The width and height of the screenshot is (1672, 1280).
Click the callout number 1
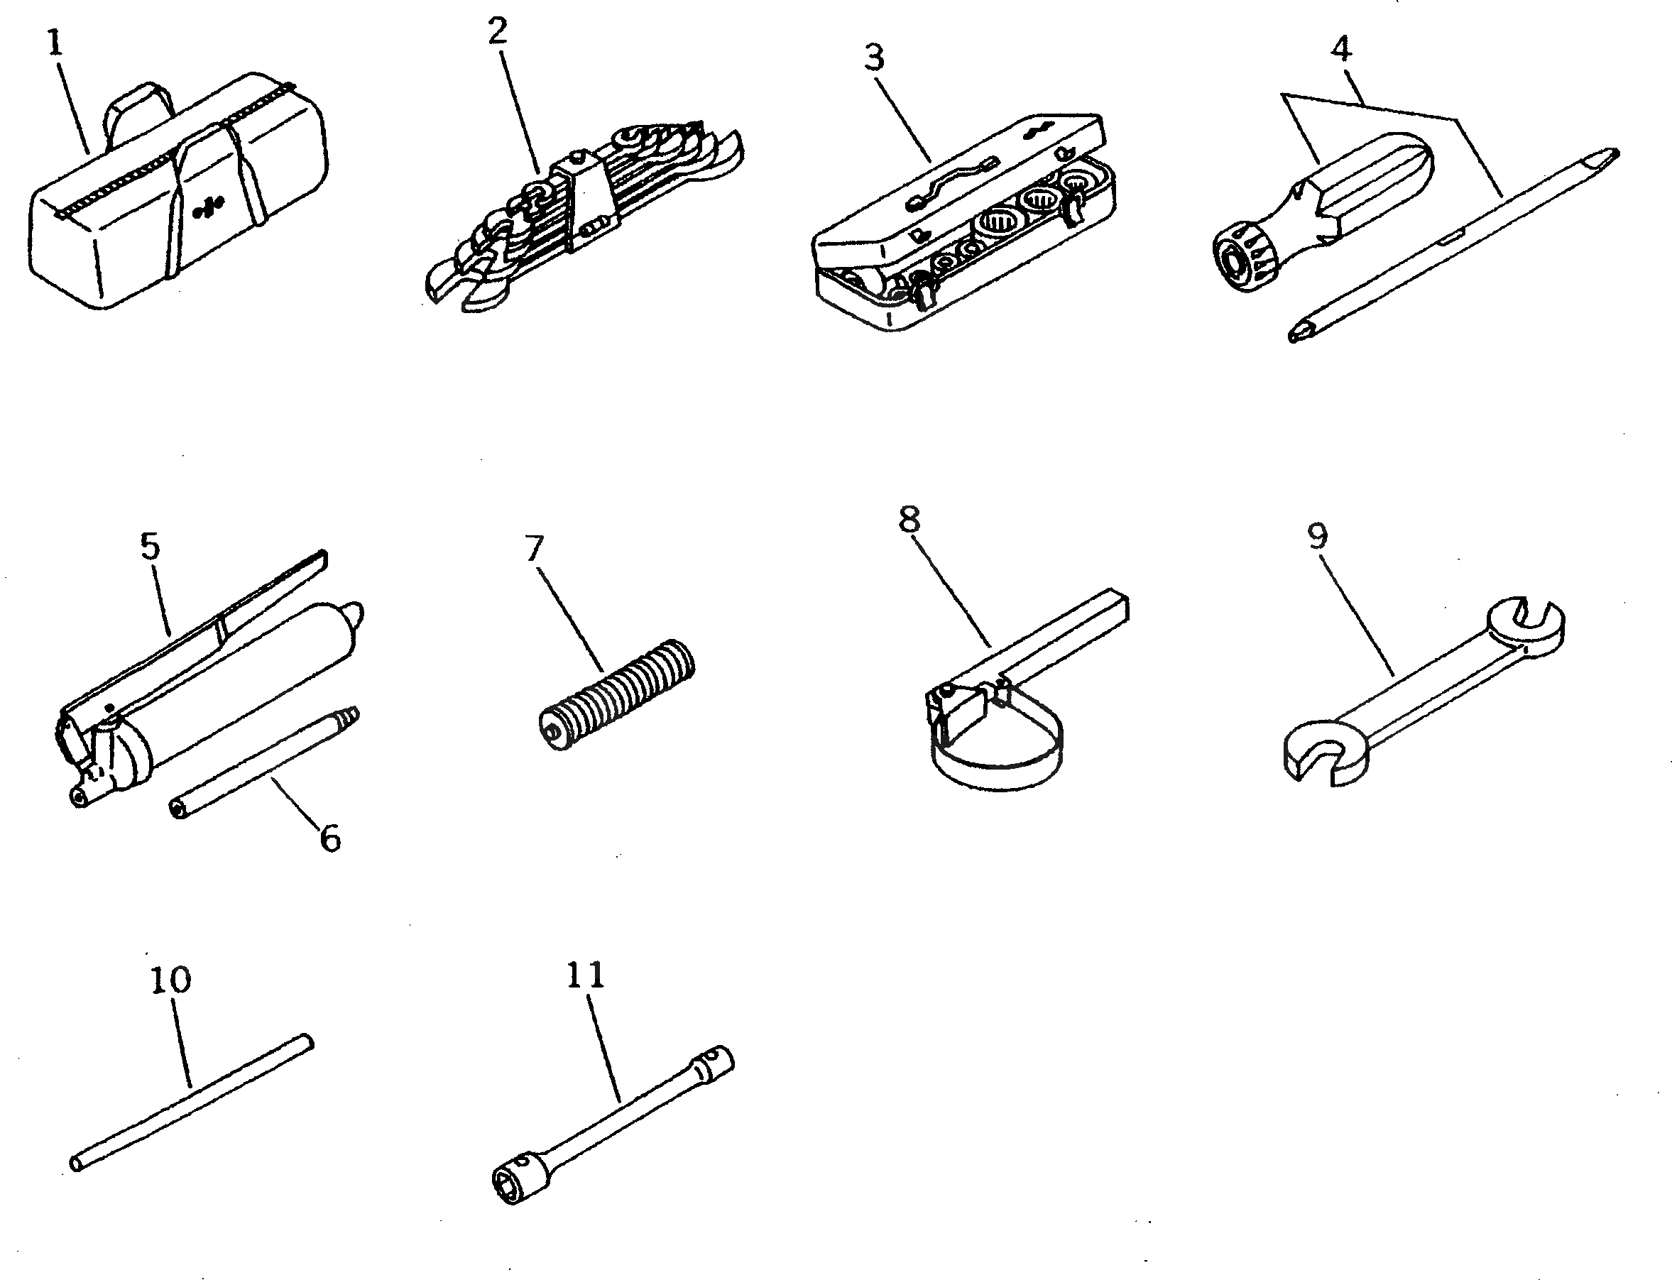(x=54, y=44)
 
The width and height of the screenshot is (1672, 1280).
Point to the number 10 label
(x=170, y=980)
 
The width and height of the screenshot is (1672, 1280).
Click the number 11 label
(x=585, y=976)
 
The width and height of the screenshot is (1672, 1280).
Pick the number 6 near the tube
(x=329, y=839)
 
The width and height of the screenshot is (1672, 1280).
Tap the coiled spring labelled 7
(x=617, y=694)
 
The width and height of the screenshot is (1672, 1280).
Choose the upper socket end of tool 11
(x=714, y=1063)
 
